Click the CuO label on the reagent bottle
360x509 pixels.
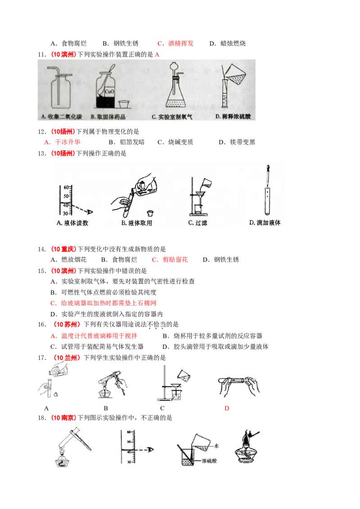coord(109,92)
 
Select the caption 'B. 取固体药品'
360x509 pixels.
coord(108,117)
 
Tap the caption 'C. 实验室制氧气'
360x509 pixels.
coord(172,117)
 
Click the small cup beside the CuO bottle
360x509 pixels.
coord(124,105)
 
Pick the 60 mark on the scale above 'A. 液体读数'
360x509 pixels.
coord(66,187)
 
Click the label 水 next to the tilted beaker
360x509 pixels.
coord(216,446)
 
